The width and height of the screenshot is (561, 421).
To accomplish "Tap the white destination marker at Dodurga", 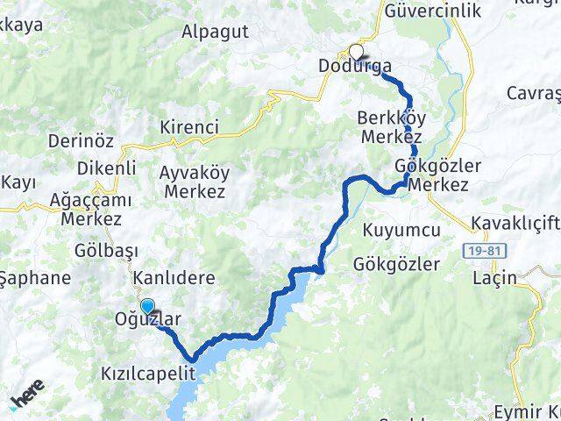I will pyautogui.click(x=356, y=52).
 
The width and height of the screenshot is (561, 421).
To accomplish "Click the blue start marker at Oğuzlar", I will pyautogui.click(x=147, y=307).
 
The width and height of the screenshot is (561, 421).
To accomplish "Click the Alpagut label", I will pyautogui.click(x=215, y=32).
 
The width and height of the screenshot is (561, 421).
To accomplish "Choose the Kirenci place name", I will pyautogui.click(x=188, y=128).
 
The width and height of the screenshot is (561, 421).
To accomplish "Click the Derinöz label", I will pyautogui.click(x=57, y=142).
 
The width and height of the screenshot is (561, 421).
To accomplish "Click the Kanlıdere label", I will pyautogui.click(x=174, y=278).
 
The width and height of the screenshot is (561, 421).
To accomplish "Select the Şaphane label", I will pyautogui.click(x=35, y=277).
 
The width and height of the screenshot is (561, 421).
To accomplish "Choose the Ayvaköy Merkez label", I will pyautogui.click(x=193, y=180).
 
